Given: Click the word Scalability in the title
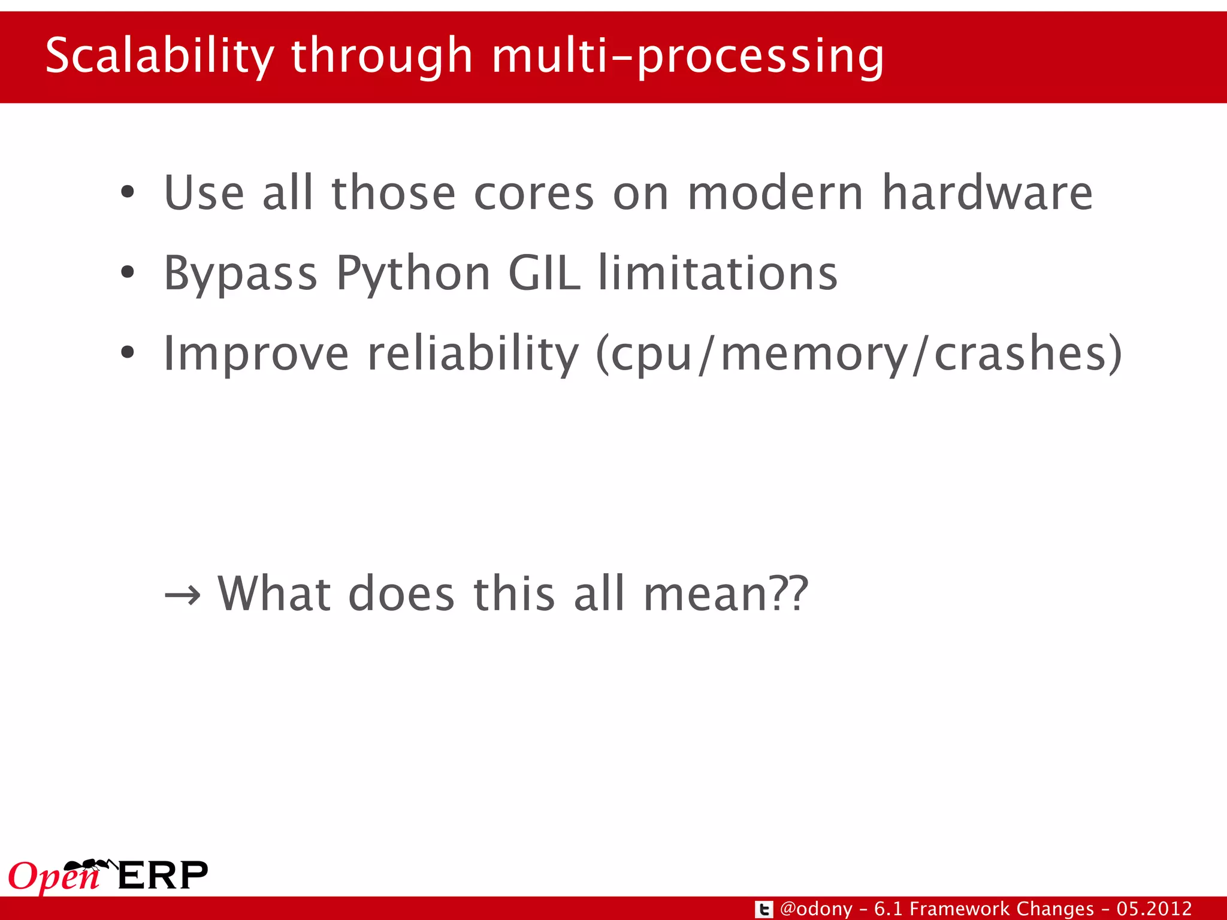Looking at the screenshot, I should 159,56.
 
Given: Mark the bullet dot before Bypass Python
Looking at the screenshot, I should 127,273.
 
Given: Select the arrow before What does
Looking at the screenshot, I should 182,595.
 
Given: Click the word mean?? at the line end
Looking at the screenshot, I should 726,594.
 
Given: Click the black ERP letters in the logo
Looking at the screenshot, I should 163,876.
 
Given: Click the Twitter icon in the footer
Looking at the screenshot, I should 763,909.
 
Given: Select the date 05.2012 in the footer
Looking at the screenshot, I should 1154,909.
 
